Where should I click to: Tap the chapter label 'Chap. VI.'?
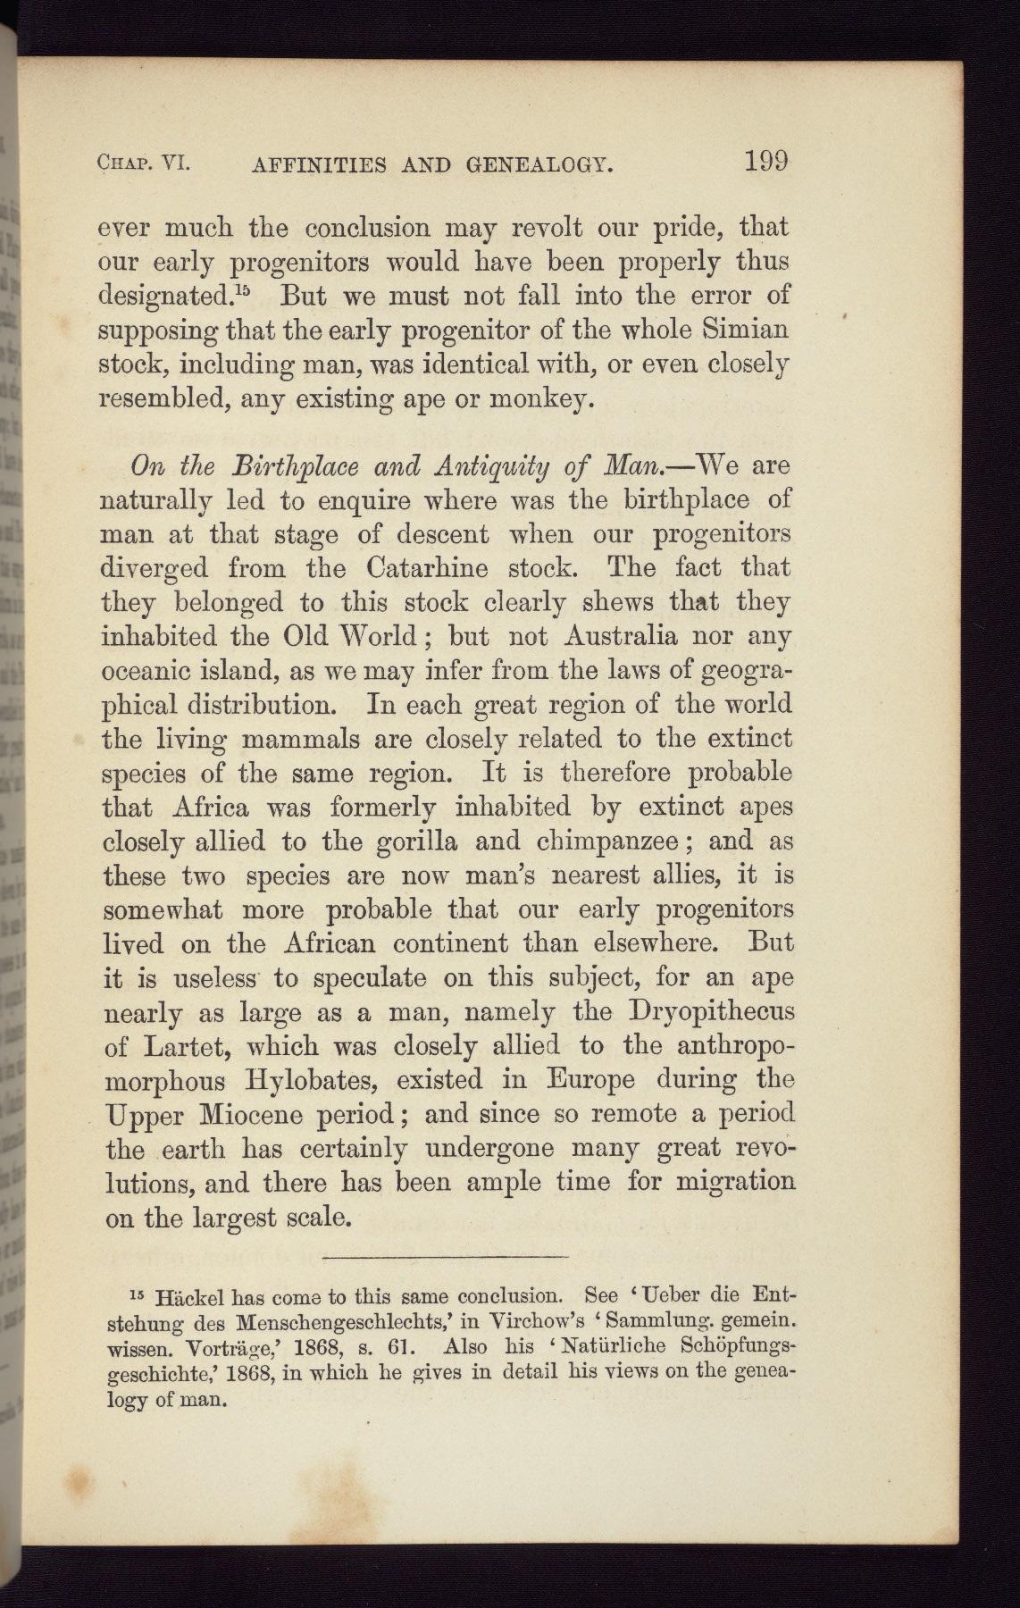pyautogui.click(x=146, y=163)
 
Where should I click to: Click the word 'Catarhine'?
pyautogui.click(x=426, y=569)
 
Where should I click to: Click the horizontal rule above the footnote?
pyautogui.click(x=445, y=1257)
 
